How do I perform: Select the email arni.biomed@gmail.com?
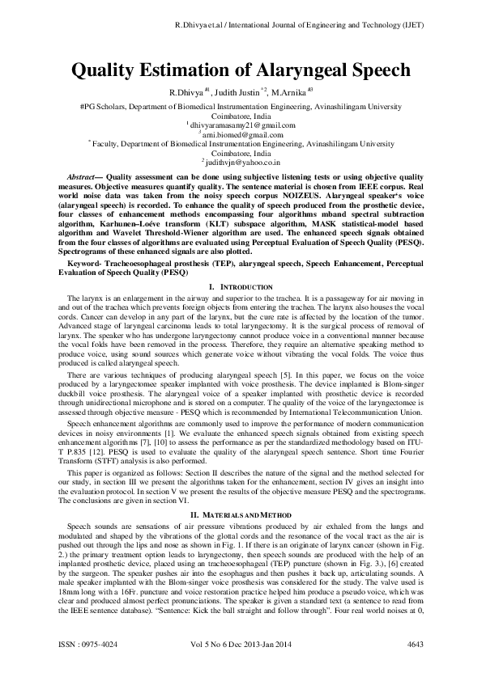click(242, 134)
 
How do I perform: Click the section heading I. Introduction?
click(241, 288)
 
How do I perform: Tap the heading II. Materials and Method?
click(241, 492)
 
